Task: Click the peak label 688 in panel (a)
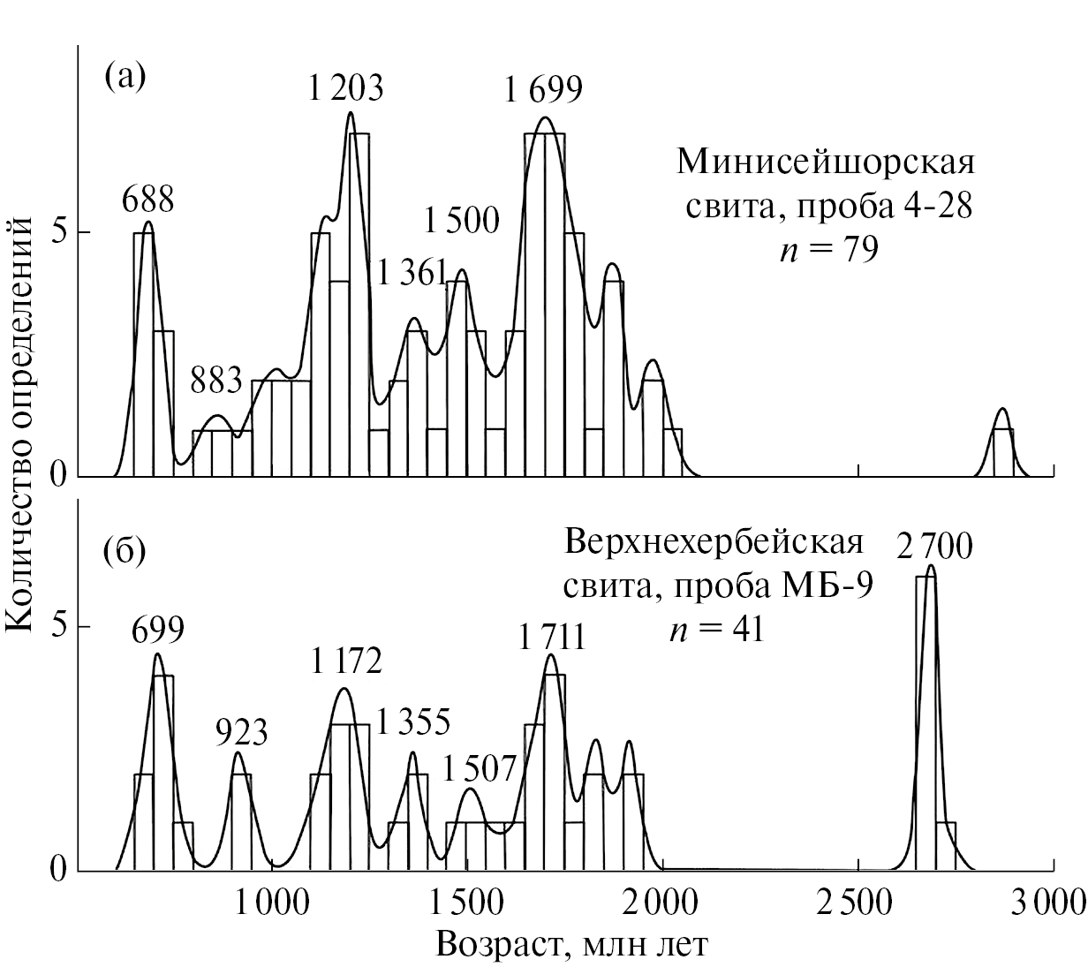[x=148, y=200]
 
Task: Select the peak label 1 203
[x=346, y=87]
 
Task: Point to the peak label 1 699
[x=544, y=88]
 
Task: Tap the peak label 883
[x=217, y=381]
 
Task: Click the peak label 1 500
[x=461, y=221]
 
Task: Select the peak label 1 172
[x=346, y=661]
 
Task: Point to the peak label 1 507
[x=478, y=768]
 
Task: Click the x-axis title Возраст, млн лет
[x=571, y=946]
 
